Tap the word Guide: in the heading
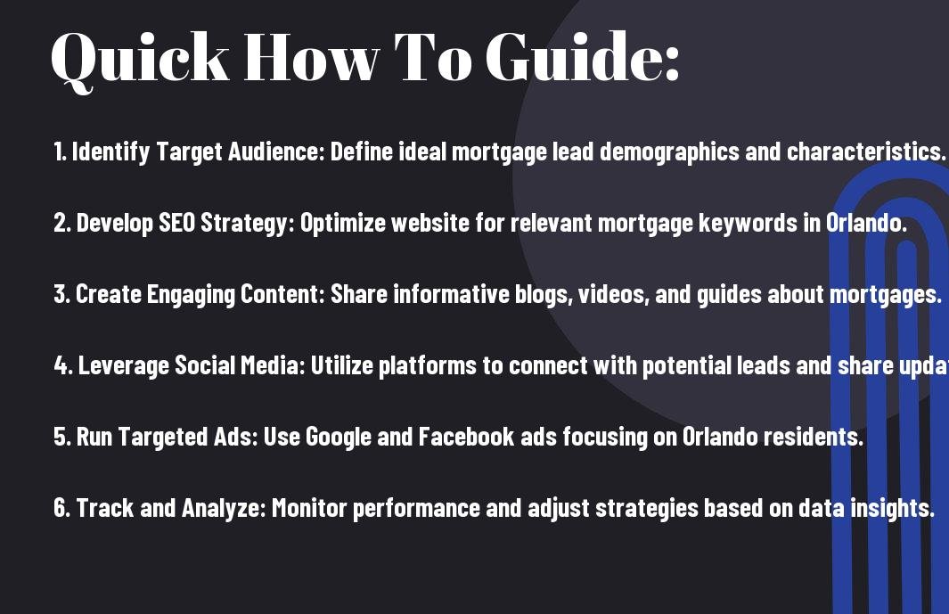tap(584, 56)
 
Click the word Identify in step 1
tap(110, 152)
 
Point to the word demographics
tap(669, 152)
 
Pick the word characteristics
tap(866, 151)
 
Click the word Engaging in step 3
tap(191, 295)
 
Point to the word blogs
tap(544, 295)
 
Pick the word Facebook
tap(467, 437)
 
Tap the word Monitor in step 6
tap(309, 508)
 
